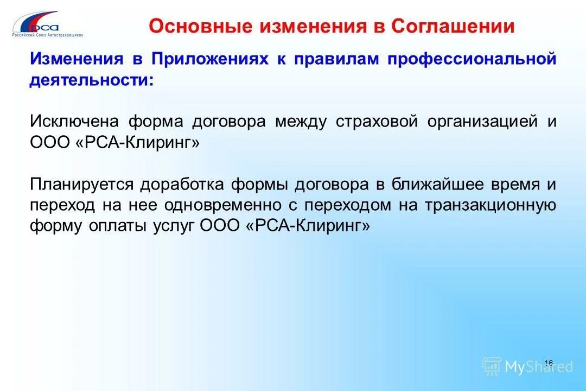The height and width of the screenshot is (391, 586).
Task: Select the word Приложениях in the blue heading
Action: pos(210,59)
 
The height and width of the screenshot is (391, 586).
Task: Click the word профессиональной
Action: pos(472,59)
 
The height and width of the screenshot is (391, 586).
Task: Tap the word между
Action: pos(301,121)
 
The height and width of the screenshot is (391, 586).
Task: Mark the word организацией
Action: pos(482,121)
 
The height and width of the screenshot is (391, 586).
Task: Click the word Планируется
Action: pos(81,184)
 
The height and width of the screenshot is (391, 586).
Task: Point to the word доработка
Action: pos(182,184)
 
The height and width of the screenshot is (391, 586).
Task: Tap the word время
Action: pos(513,184)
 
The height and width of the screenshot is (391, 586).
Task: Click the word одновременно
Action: pos(219,205)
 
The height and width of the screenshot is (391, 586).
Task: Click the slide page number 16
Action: pos(548,363)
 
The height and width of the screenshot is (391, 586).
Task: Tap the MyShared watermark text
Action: pos(538,367)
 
